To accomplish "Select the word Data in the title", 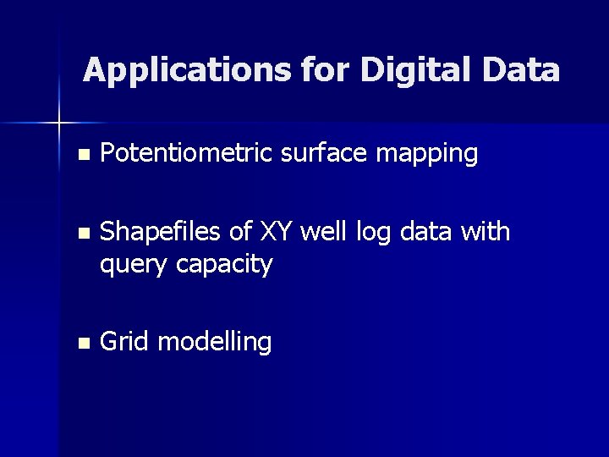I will (x=521, y=70).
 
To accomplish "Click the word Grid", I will (x=124, y=341).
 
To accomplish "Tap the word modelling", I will (x=215, y=342).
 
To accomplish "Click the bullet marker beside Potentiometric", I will (x=81, y=155).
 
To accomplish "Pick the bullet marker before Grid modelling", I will (x=81, y=343).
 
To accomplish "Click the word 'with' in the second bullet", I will (x=486, y=231).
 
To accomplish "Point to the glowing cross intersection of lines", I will (x=59, y=124).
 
